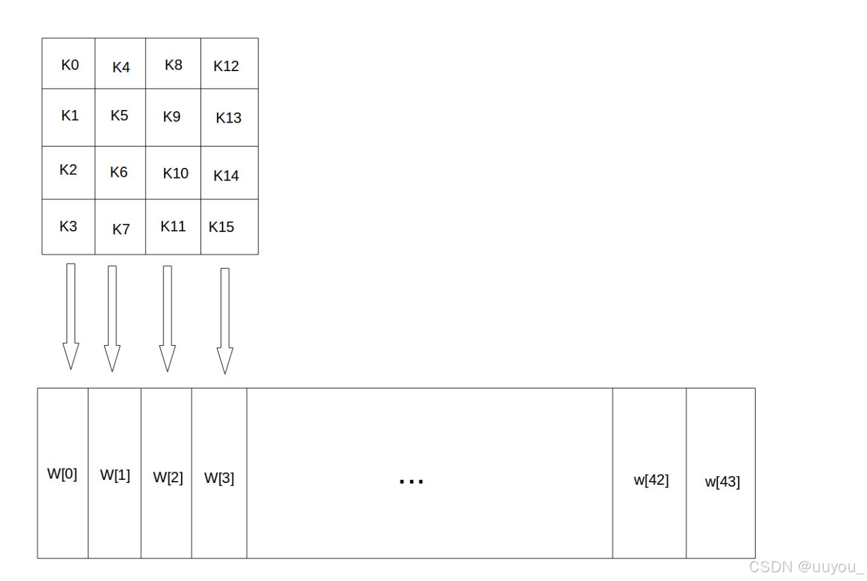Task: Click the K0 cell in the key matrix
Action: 69,64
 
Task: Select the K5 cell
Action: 119,116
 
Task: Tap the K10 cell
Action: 175,173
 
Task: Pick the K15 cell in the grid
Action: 222,227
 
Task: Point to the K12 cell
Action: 226,65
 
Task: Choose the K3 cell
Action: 68,226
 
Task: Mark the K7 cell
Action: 121,229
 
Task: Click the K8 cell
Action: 174,65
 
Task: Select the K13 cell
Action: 228,118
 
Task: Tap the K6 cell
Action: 119,172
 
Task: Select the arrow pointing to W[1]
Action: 112,318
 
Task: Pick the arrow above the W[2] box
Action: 167,318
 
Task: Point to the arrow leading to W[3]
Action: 225,321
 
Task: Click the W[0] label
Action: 62,473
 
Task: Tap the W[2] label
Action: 168,477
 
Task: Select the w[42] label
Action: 651,480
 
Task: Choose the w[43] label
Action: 722,482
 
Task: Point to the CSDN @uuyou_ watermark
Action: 806,567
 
